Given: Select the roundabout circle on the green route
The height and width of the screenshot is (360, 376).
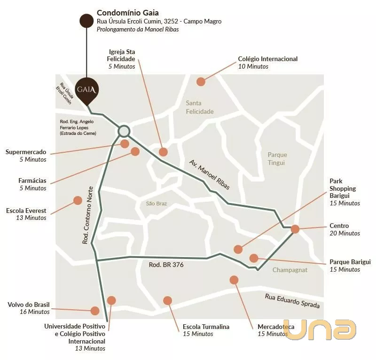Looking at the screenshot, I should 124,131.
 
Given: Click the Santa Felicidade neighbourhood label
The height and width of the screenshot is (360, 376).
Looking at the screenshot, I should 200,107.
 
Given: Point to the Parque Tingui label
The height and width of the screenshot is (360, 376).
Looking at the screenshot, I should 277,158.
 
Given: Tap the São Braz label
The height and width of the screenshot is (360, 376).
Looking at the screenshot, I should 157,203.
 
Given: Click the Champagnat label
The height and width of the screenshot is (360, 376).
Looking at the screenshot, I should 290,270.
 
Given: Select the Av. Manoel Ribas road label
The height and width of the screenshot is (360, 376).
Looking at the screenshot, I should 210,174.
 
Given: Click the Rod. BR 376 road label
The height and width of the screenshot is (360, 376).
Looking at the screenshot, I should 166,265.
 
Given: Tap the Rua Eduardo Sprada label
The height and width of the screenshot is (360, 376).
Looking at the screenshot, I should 292,300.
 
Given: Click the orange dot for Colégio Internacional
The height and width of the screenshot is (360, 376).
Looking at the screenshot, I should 201,81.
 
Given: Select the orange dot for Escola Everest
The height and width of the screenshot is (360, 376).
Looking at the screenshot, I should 78,201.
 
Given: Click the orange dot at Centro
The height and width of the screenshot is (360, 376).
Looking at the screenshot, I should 295,229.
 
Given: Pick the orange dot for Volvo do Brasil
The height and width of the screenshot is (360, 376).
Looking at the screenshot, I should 95,311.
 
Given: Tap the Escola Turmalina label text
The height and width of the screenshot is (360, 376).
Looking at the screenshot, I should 206,327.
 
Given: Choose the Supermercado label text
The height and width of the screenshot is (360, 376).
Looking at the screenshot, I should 26,152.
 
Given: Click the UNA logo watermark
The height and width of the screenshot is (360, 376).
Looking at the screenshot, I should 321,329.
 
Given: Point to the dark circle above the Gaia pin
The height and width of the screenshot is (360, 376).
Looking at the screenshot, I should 86,20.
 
